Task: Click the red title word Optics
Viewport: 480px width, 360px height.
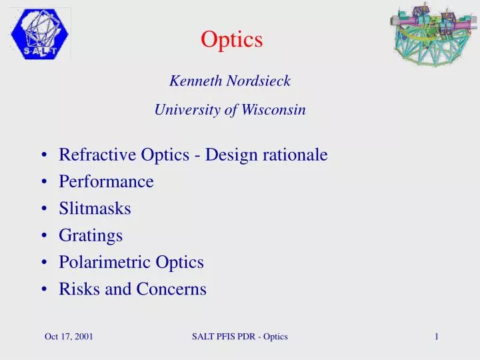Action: (232, 40)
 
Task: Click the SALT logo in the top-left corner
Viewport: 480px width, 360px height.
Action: (40, 35)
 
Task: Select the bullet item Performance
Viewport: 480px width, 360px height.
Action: (106, 181)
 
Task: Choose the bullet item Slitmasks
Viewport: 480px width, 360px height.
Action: (95, 209)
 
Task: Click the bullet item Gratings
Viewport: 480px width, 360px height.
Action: (91, 236)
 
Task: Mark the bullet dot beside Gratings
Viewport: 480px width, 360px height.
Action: (43, 236)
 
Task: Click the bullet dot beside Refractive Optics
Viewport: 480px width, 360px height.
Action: (43, 156)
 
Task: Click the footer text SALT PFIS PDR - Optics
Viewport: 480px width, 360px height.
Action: (239, 337)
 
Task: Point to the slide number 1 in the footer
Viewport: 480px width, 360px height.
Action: (436, 337)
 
